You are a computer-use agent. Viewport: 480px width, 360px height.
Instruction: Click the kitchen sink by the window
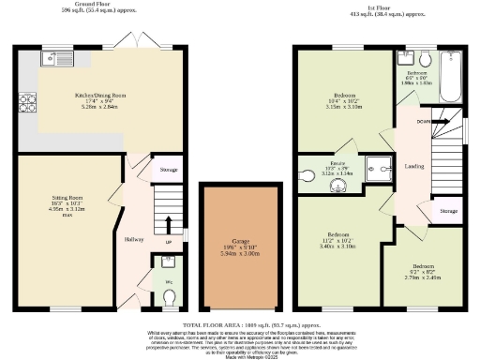point(50,60)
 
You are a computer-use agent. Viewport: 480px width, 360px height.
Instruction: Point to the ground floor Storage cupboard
point(168,170)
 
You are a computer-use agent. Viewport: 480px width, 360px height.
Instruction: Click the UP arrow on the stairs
point(168,229)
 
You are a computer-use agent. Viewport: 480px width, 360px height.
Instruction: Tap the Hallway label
point(134,240)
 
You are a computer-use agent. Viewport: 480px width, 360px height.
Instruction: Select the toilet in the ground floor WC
point(169,298)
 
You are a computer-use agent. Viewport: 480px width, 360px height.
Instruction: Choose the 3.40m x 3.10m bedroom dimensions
point(340,247)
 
